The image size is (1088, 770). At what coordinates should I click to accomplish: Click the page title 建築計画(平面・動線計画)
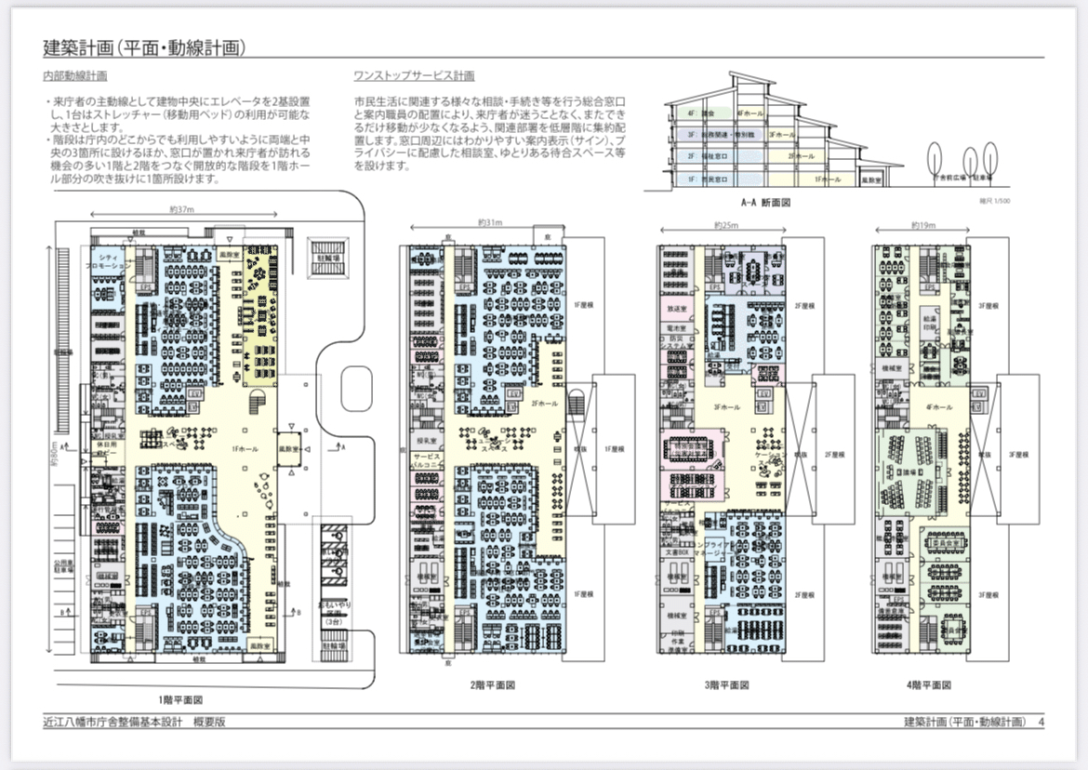tap(150, 47)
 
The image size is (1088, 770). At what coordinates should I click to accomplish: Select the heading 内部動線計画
tap(75, 76)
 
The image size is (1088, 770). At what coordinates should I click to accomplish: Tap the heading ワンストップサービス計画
tap(414, 76)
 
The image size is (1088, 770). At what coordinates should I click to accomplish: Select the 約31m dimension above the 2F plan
tap(489, 223)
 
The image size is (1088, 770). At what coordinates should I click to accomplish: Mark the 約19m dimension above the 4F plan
tap(922, 226)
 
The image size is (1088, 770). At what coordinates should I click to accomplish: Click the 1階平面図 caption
tap(180, 698)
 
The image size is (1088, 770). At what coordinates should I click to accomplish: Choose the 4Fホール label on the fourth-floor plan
tap(940, 407)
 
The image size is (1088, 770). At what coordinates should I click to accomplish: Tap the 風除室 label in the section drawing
tap(869, 178)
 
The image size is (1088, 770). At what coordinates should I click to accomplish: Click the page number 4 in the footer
tap(1042, 723)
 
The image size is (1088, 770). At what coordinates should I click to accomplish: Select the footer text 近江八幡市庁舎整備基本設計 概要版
tap(134, 723)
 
